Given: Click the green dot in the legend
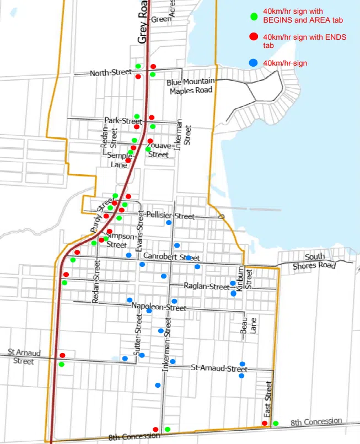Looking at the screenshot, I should pos(253,15).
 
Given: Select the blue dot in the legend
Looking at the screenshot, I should pos(253,63).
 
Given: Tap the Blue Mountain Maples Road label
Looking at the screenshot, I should pos(190,86).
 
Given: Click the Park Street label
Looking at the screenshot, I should pos(123,120).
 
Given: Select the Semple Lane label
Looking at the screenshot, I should pos(117,160).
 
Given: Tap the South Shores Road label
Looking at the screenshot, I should pos(315,261).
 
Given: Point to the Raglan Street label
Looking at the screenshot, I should pos(199,287).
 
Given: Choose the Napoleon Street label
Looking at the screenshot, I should pos(158,307).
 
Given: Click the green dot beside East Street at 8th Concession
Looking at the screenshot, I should pos(276,423).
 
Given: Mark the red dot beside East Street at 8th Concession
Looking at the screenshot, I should pos(265,423).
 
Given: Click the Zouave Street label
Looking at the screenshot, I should pos(158,150).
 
